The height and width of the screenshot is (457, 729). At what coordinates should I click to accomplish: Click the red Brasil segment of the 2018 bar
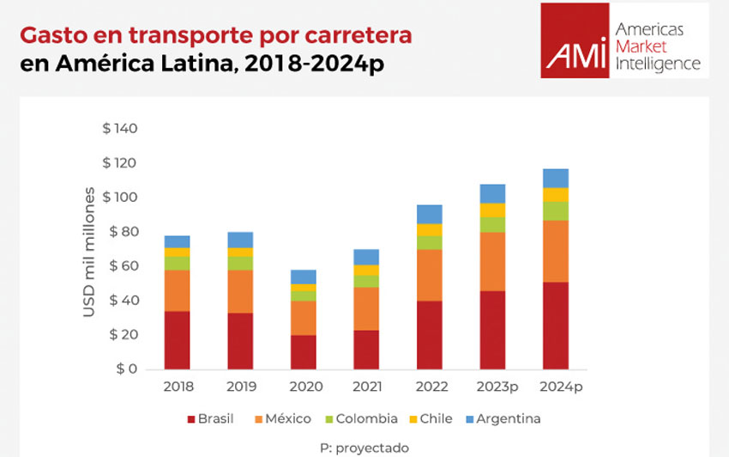pyautogui.click(x=178, y=340)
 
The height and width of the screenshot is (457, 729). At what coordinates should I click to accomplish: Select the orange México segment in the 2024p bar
pyautogui.click(x=555, y=251)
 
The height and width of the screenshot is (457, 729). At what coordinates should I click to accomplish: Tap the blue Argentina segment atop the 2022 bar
pyautogui.click(x=429, y=214)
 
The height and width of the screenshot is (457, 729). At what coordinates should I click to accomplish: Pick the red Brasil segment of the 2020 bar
pyautogui.click(x=304, y=352)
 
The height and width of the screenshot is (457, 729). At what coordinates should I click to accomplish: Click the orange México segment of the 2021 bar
pyautogui.click(x=366, y=308)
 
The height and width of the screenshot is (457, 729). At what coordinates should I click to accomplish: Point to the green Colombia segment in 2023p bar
pyautogui.click(x=492, y=224)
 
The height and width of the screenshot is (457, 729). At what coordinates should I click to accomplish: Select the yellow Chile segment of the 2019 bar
pyautogui.click(x=240, y=252)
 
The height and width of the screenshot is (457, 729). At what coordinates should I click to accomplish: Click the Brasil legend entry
pyautogui.click(x=209, y=418)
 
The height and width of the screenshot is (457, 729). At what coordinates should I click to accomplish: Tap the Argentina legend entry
pyautogui.click(x=502, y=418)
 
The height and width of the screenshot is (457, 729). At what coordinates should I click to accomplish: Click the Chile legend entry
pyautogui.click(x=429, y=418)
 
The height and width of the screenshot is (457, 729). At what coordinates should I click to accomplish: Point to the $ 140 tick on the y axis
pyautogui.click(x=120, y=129)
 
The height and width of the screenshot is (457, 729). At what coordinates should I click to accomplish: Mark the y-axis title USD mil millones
pyautogui.click(x=88, y=248)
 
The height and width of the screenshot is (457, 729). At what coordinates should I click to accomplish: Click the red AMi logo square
pyautogui.click(x=575, y=40)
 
